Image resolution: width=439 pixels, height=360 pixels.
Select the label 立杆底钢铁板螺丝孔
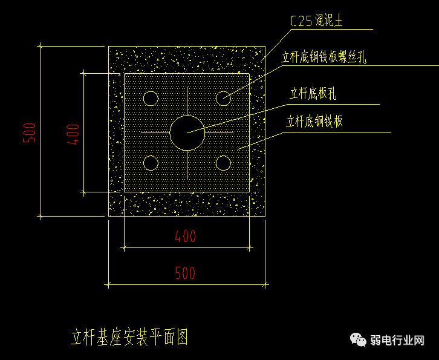[324, 58]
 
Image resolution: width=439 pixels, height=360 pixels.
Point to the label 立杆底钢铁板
[314, 122]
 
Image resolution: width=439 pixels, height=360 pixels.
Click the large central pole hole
[187, 133]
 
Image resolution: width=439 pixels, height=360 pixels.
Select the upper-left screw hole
[151, 98]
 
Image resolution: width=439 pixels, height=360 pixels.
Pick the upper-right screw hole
[223, 98]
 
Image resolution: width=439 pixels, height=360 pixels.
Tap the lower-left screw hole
[151, 163]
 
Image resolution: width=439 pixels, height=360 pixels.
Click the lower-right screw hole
[223, 163]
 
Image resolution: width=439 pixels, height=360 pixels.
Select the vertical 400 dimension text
[73, 134]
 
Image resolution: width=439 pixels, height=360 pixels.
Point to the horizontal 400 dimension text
[186, 236]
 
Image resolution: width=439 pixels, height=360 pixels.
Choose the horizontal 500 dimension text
[186, 273]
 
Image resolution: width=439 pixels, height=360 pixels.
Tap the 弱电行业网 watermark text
[397, 341]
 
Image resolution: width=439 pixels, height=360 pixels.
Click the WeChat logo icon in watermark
[360, 340]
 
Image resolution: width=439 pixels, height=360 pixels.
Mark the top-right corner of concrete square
[265, 46]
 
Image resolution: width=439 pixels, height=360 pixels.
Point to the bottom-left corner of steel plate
[124, 192]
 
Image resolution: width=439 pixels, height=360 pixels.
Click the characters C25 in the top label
[301, 22]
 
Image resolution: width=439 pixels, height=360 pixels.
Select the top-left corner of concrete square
[108, 46]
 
